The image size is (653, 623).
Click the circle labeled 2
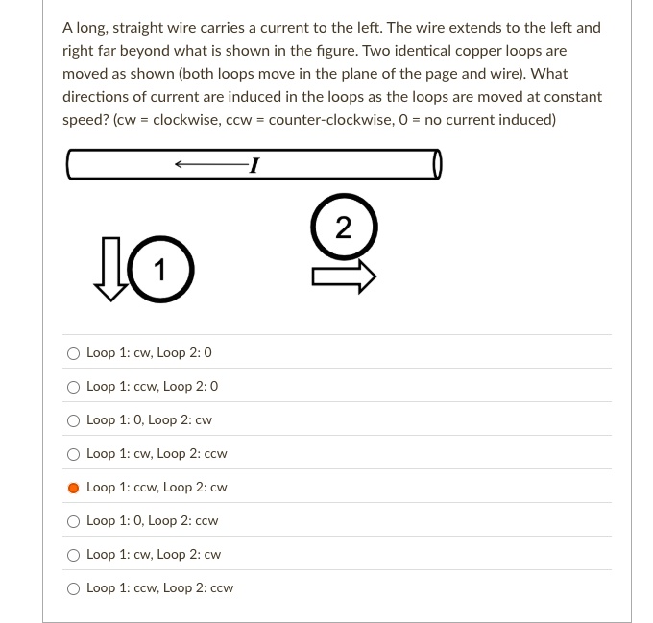(343, 228)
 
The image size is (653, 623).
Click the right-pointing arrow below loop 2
(343, 277)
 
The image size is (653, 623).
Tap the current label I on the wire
(252, 166)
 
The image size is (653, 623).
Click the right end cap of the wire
(437, 165)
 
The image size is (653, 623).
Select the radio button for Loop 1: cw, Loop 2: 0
(74, 353)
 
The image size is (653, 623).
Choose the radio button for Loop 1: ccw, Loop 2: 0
(74, 387)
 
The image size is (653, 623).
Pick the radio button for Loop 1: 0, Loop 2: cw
(74, 420)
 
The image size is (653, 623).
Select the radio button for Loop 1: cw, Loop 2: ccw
(74, 454)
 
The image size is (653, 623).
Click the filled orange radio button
(74, 488)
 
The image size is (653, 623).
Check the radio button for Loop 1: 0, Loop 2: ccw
(74, 521)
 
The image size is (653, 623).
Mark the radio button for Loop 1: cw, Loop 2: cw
(74, 555)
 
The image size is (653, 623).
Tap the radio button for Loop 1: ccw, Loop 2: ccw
(74, 588)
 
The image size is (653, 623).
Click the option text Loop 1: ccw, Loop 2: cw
(157, 488)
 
